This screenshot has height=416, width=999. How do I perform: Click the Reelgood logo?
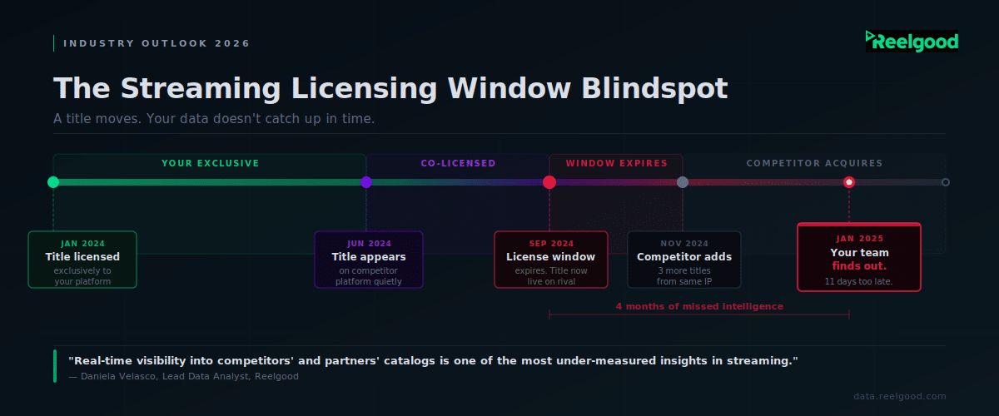pos(912,42)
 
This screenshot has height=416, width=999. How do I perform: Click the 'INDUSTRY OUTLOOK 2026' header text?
pos(157,43)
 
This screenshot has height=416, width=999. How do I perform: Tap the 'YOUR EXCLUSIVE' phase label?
pos(210,163)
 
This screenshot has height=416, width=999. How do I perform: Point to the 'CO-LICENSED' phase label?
pos(458,163)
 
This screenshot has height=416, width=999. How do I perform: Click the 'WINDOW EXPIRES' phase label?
pos(616,163)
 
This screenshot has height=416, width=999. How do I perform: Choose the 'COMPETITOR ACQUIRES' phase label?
pos(814,163)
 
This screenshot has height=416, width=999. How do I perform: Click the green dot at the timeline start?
pos(53,182)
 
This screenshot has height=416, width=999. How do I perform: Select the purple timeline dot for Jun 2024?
pos(366,182)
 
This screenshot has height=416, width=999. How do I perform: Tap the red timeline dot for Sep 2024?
pos(549,182)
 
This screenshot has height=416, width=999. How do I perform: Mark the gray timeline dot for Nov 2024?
pos(683,182)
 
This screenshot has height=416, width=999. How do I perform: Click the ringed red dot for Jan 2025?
pos(849,182)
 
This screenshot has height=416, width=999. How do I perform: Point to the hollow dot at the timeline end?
pos(945,182)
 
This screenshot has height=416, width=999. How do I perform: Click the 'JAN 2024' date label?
pos(82,244)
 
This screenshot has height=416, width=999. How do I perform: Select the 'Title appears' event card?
pos(369,260)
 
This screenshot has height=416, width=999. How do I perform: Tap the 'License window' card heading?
pos(551,256)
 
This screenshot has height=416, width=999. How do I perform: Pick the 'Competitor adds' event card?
pos(684,260)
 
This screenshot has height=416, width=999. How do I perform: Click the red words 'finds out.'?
pos(859,266)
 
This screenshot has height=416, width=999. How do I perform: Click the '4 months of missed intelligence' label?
pos(699,306)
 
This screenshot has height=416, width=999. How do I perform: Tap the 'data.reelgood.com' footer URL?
pos(900,396)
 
